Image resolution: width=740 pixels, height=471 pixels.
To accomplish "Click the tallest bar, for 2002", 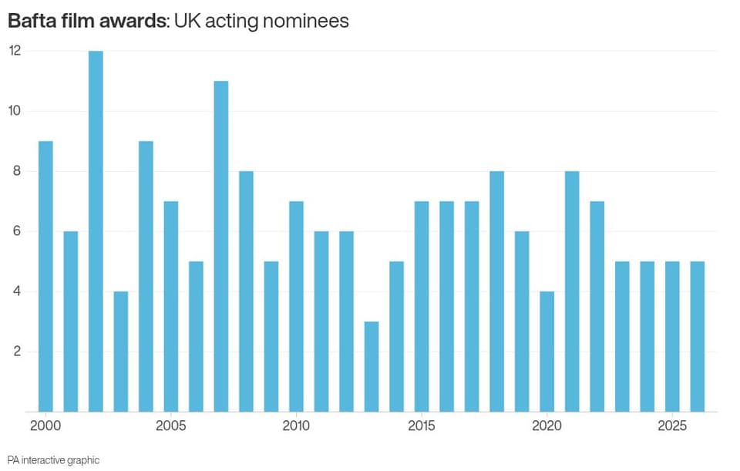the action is (x=96, y=231).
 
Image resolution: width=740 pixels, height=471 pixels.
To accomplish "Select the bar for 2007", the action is (x=221, y=247).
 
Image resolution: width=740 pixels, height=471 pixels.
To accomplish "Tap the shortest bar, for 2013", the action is (x=372, y=367).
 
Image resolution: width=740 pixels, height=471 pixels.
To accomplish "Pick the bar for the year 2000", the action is (x=45, y=277).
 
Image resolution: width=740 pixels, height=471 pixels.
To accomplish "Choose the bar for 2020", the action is (x=547, y=352).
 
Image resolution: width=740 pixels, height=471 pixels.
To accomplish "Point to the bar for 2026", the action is (x=698, y=337).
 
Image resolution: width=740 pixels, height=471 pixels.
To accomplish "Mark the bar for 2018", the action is (x=497, y=291).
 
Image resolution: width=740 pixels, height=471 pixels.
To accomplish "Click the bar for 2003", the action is (x=121, y=352).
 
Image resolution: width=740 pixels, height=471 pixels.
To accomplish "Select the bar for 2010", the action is (x=296, y=307).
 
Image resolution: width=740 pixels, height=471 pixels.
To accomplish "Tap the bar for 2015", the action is (x=422, y=307).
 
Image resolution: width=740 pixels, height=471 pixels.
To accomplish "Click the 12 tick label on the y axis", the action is (x=15, y=51).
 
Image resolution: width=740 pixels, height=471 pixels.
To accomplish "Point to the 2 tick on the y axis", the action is (x=17, y=351).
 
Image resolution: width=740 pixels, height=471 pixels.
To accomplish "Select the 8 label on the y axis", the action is (x=17, y=171).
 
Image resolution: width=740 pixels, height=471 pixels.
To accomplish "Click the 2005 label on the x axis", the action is (x=171, y=426).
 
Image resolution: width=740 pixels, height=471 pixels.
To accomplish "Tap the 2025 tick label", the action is (x=672, y=426).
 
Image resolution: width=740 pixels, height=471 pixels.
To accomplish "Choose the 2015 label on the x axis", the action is (x=422, y=426).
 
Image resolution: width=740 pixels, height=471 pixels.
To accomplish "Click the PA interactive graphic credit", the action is (x=53, y=460).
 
